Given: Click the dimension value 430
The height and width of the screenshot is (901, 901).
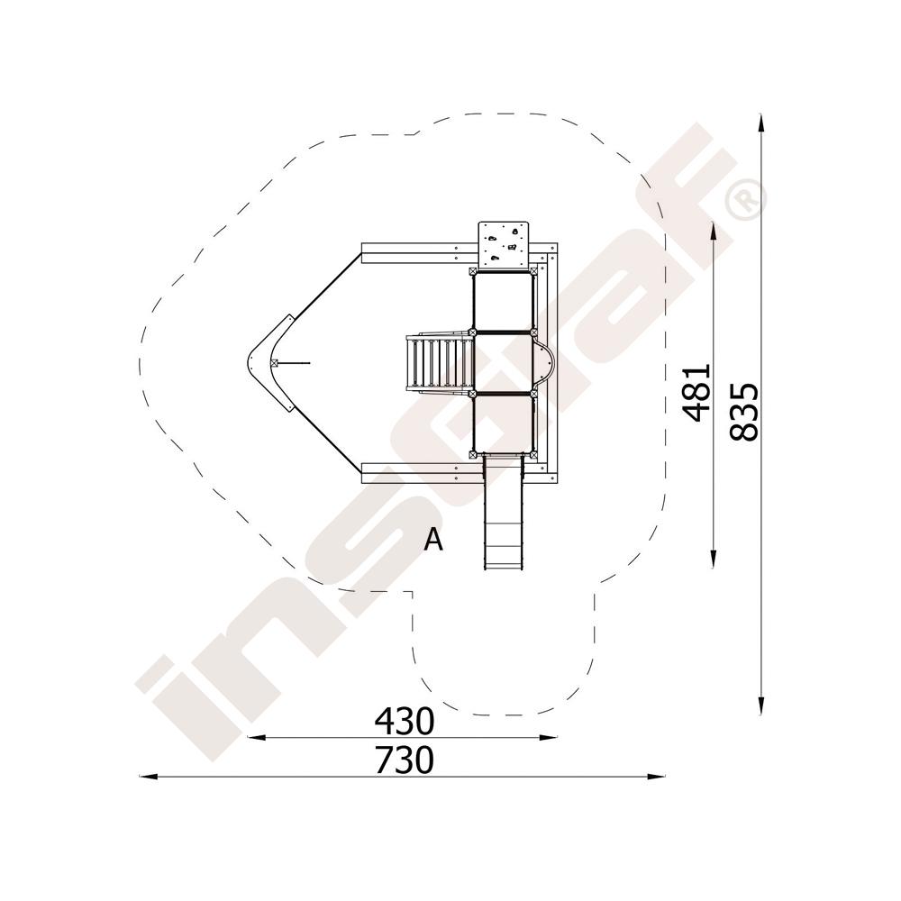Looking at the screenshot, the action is [x=404, y=721].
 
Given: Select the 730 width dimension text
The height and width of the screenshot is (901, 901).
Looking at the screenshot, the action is [x=404, y=760].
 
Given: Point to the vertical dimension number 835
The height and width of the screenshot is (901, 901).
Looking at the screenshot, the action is [x=744, y=412].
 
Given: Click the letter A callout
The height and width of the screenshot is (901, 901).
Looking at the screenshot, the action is [x=433, y=540].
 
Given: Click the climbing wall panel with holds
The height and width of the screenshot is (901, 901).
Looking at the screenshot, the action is [x=504, y=244].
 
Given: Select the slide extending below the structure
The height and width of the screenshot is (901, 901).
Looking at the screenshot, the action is [x=504, y=512].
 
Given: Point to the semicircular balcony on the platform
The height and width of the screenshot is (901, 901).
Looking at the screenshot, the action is [x=544, y=363].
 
